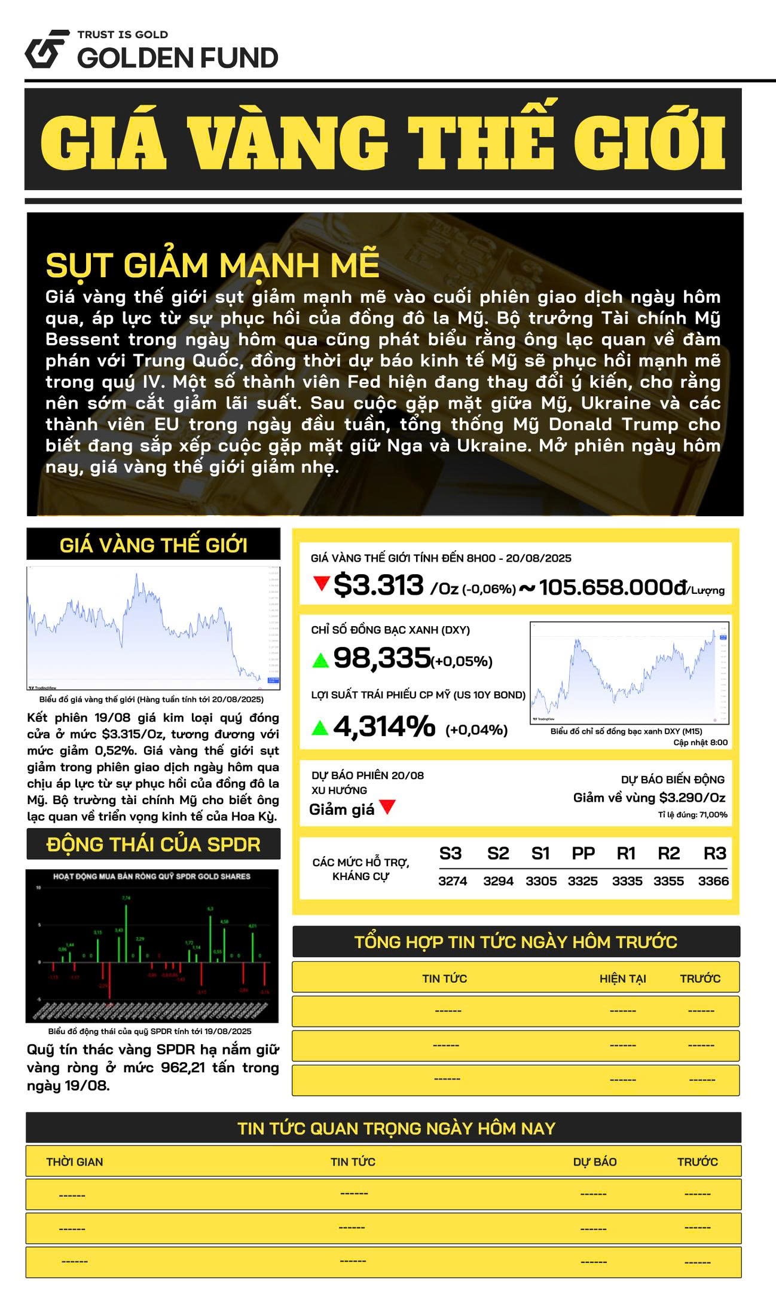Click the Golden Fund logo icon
45,48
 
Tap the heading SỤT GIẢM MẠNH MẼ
212,265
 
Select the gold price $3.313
378,585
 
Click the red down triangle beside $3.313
322,582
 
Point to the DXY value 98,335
382,658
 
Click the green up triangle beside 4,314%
320,727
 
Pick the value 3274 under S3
453,881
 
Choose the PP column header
583,853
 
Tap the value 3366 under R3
713,881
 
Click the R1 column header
626,853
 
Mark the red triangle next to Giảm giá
387,807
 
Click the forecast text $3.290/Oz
692,798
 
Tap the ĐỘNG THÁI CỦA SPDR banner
154,844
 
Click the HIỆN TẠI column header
623,979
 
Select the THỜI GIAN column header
75,1162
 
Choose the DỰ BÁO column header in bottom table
595,1162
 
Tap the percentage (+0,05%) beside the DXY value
462,661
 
